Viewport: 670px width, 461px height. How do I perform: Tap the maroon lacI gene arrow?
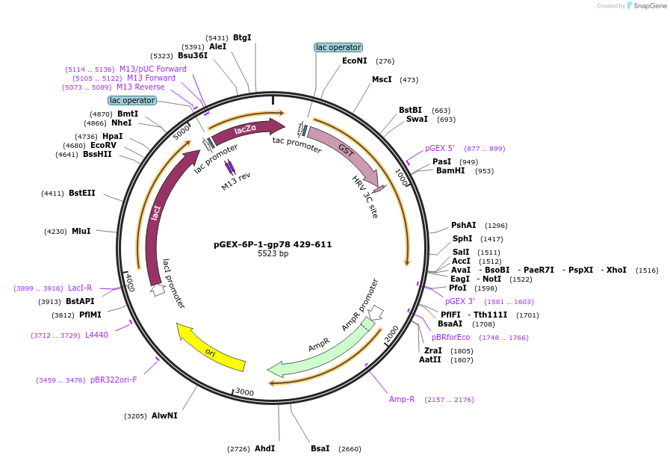159,217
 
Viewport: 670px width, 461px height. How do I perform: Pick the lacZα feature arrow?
246,129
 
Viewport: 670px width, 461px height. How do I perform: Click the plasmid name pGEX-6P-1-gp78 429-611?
273,244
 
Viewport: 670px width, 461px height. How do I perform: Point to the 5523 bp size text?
273,254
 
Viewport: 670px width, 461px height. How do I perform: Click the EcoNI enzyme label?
355,61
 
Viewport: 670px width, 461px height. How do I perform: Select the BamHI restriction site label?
450,171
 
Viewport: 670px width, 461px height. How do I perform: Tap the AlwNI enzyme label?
164,415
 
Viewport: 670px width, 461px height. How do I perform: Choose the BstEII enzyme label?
82,193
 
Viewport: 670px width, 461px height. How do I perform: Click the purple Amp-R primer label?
402,399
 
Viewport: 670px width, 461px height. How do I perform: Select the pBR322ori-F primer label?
114,380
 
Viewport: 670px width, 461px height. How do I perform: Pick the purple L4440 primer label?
96,335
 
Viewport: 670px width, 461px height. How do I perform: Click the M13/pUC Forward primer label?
153,69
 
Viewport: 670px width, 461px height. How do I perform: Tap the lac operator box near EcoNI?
338,47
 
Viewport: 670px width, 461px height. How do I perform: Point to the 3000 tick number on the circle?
244,392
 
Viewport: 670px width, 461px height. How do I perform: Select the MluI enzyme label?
81,232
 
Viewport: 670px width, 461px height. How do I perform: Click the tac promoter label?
297,144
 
